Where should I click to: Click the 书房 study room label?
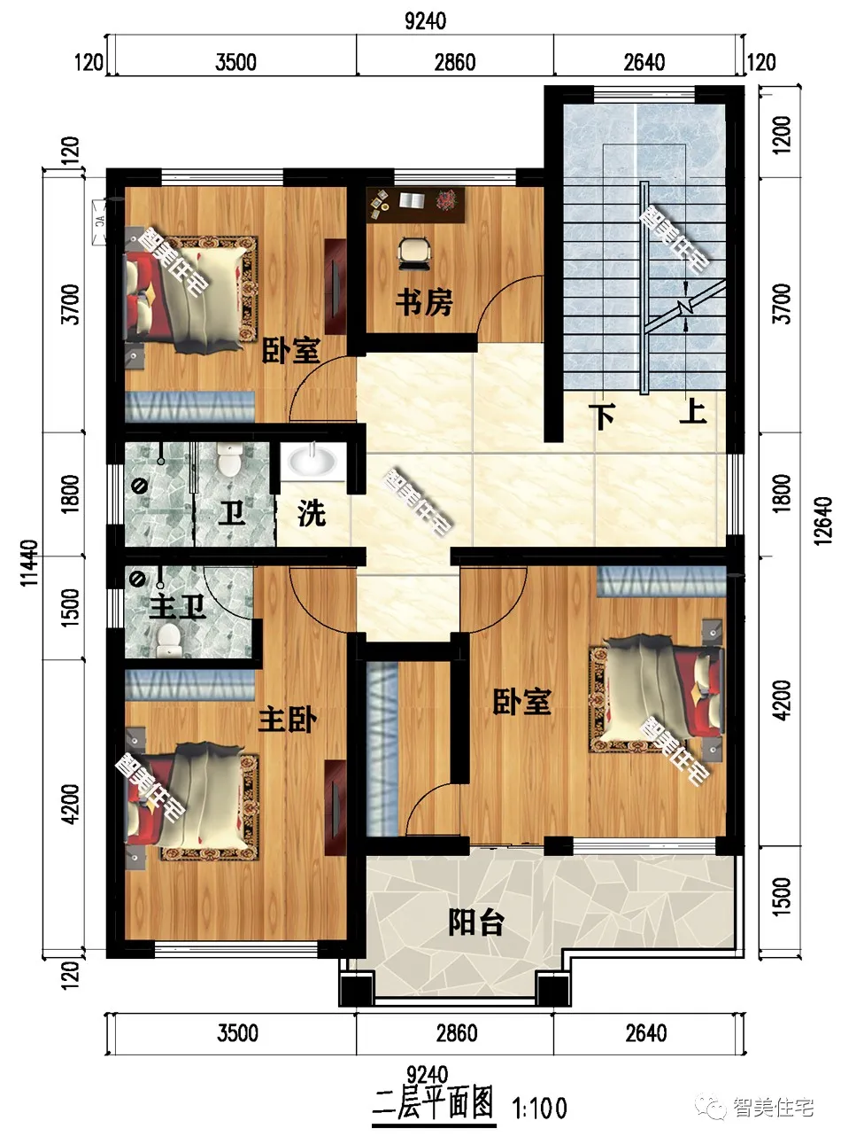(x=423, y=303)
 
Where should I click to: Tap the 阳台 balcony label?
(x=475, y=922)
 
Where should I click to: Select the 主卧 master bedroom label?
(x=287, y=719)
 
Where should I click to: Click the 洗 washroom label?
(x=311, y=512)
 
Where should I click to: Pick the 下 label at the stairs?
(x=604, y=416)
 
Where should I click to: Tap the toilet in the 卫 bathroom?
(x=230, y=462)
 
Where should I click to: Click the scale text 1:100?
(x=540, y=1107)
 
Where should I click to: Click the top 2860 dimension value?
(x=455, y=62)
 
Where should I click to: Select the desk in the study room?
(x=416, y=202)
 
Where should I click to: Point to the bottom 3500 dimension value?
(x=236, y=1033)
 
